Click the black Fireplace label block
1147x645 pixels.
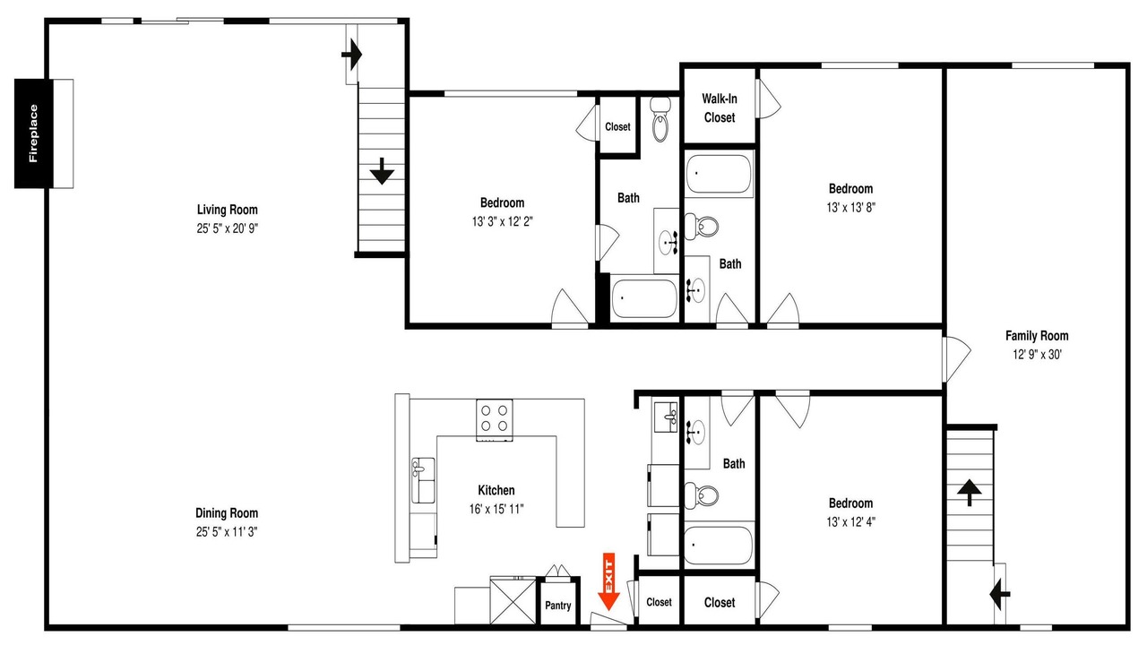(x=34, y=133)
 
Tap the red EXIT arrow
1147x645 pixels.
(x=608, y=581)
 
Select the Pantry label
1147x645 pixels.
(x=557, y=606)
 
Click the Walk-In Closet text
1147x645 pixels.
(x=720, y=108)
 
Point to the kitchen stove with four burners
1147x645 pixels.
(x=494, y=420)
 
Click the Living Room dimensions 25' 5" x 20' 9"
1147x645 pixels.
(x=228, y=228)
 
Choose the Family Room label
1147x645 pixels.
(x=1037, y=336)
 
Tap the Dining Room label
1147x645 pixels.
(x=227, y=513)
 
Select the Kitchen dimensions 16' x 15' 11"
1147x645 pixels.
(x=496, y=510)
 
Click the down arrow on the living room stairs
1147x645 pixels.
(x=382, y=171)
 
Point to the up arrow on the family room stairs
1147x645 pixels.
(x=970, y=493)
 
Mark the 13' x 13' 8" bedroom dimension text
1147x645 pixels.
(x=850, y=207)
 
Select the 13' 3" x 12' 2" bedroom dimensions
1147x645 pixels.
(x=503, y=221)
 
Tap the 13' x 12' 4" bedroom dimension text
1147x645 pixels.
(x=850, y=522)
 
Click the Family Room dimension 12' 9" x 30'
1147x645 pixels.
(x=1037, y=354)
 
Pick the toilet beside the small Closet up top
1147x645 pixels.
(x=660, y=119)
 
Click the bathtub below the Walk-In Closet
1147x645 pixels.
(x=719, y=174)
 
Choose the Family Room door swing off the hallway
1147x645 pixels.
(x=956, y=359)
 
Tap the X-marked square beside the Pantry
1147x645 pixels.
(x=513, y=601)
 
